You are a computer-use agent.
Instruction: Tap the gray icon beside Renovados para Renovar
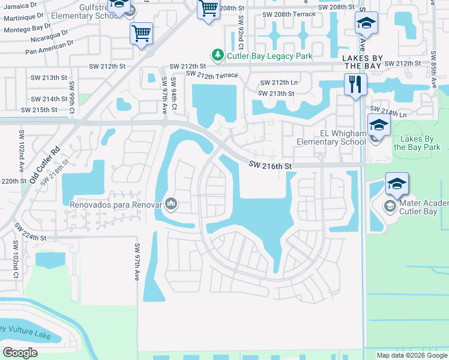(171, 204)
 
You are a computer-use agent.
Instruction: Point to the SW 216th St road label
(271, 166)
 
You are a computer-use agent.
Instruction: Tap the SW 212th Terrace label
(212, 74)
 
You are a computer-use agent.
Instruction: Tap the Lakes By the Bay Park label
(417, 143)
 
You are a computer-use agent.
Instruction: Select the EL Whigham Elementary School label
(331, 137)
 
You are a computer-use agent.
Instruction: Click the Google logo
(20, 352)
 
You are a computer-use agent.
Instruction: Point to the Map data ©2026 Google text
(412, 355)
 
